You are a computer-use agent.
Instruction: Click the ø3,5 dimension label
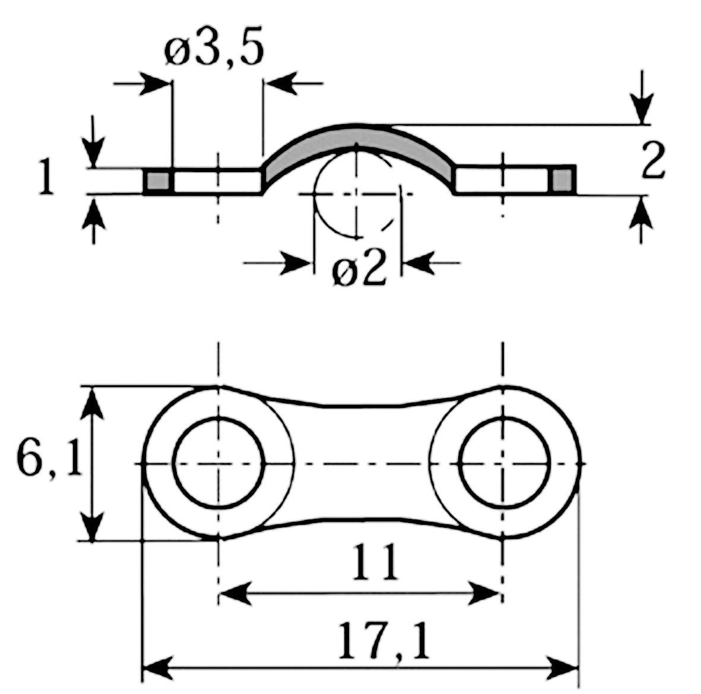tap(214, 52)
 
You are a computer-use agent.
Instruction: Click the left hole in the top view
tap(218, 463)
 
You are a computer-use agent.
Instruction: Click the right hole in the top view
tap(503, 463)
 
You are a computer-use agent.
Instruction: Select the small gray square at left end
tap(158, 181)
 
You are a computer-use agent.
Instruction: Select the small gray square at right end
tap(563, 180)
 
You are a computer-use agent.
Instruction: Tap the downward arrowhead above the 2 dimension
tap(642, 110)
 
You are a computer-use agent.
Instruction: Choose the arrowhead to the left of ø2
tap(297, 262)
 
